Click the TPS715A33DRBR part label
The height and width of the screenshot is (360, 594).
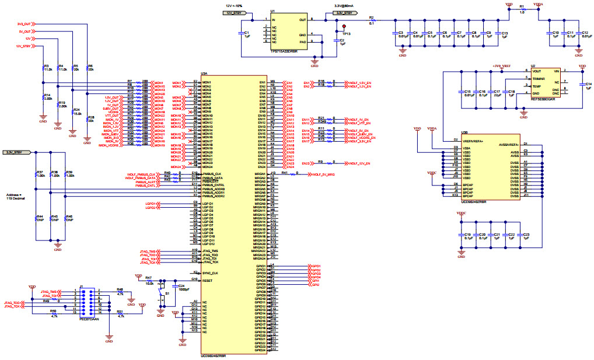pyautogui.click(x=284, y=52)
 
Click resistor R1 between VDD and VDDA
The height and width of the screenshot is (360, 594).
pyautogui.click(x=522, y=10)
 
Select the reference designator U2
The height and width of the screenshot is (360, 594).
pyautogui.click(x=533, y=67)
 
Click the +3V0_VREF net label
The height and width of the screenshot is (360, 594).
pyautogui.click(x=502, y=66)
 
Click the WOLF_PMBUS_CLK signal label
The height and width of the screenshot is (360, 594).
pyautogui.click(x=140, y=174)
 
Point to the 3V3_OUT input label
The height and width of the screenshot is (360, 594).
pyautogui.click(x=25, y=24)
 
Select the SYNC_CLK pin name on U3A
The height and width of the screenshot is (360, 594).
pyautogui.click(x=211, y=273)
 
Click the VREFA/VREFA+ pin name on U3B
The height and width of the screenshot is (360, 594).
pyautogui.click(x=474, y=141)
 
